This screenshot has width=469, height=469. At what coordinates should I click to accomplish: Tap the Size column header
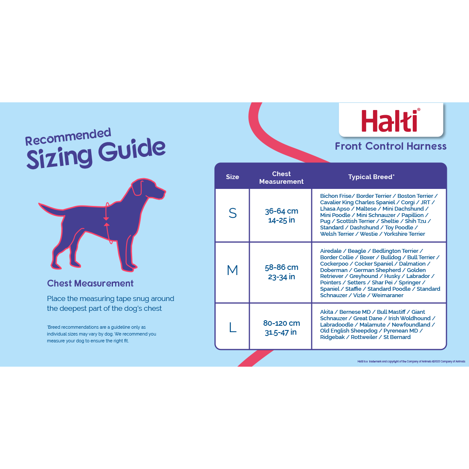(232, 177)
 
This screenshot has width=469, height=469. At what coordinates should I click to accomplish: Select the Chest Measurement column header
(281, 178)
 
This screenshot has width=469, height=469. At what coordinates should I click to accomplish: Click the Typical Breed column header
(371, 177)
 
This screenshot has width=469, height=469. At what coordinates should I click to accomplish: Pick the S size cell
(232, 213)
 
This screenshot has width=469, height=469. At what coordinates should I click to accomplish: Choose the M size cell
(232, 270)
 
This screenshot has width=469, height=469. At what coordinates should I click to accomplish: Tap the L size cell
(232, 327)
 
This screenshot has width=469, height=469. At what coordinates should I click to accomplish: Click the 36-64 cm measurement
(281, 211)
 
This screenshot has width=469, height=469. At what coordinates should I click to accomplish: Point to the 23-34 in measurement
(281, 277)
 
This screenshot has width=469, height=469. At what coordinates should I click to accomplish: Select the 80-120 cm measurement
(281, 323)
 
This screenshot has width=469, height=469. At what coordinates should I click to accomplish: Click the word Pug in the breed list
(325, 221)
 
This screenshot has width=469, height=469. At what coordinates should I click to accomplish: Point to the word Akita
(326, 312)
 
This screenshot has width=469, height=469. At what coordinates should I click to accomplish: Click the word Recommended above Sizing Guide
(68, 137)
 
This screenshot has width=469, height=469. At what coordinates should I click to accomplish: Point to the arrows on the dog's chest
(107, 221)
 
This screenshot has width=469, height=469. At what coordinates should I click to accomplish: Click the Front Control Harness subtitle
(390, 146)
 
